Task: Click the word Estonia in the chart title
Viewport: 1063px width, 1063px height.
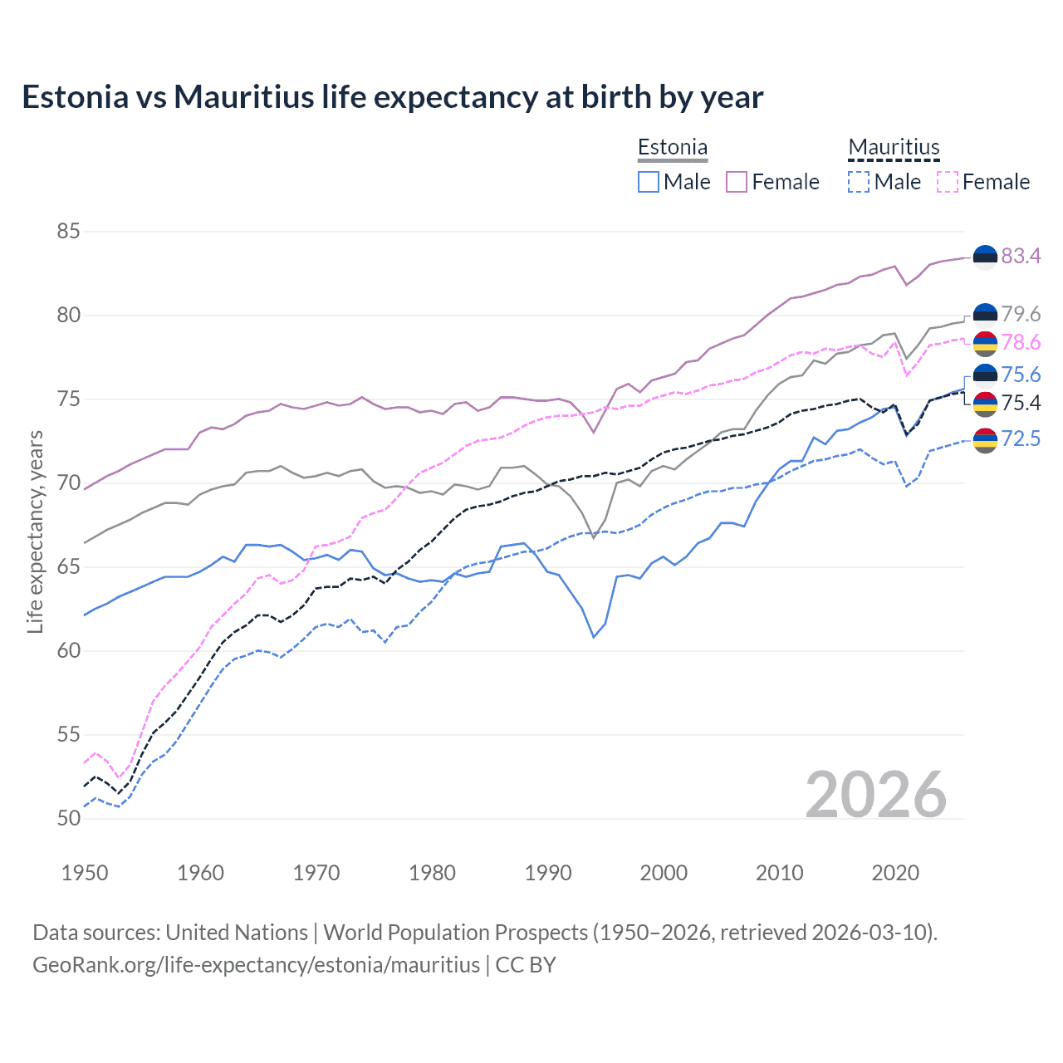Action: click(75, 97)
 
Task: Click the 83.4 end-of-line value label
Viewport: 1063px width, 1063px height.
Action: click(1021, 256)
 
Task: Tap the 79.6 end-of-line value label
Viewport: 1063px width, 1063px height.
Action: click(1021, 314)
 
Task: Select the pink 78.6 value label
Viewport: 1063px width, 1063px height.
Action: click(1021, 342)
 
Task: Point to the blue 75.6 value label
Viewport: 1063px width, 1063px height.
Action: click(1021, 375)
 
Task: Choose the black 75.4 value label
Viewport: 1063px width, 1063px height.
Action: click(1021, 403)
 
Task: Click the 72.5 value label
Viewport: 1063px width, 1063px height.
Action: click(1021, 438)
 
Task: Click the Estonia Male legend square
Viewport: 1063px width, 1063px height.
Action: click(649, 182)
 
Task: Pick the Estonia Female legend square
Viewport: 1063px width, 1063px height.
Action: click(737, 182)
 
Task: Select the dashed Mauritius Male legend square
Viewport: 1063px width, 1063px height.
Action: click(859, 182)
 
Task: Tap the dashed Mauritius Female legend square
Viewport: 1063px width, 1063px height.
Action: click(947, 182)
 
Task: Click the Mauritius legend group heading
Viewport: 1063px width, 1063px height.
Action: click(894, 148)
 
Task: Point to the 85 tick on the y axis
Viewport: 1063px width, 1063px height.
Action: click(69, 231)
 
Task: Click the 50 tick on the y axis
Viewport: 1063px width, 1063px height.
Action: click(69, 818)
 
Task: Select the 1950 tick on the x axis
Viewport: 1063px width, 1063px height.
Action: click(85, 873)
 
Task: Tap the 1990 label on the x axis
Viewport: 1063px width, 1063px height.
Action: click(548, 873)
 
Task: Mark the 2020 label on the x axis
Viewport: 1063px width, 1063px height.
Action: click(895, 873)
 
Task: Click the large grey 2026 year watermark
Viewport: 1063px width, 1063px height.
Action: click(875, 795)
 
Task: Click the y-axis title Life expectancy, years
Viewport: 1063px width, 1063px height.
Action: click(35, 531)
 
